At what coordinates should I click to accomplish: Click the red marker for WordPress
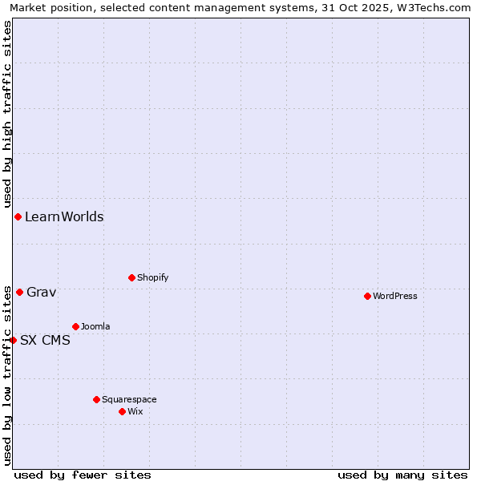point(367,296)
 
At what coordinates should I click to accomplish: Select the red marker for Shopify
point(131,277)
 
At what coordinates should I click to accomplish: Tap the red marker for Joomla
point(75,326)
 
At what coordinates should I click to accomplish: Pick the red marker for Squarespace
point(96,399)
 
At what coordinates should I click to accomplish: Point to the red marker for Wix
point(122,411)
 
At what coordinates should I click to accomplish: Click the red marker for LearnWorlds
point(18,216)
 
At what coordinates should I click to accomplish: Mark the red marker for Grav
point(19,292)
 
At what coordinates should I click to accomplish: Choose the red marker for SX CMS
point(13,340)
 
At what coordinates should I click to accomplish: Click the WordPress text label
point(395,296)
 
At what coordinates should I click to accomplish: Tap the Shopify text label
point(153,277)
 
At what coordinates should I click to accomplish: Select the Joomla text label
point(95,326)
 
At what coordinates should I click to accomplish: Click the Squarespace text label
point(129,399)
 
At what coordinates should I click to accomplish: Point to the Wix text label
point(135,411)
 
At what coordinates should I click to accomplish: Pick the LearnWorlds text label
point(64,216)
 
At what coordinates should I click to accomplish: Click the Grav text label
point(42,292)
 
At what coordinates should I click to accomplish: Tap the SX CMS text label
point(45,340)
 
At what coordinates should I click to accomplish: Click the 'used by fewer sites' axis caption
point(83,475)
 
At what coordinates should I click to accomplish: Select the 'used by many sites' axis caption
point(402,475)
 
